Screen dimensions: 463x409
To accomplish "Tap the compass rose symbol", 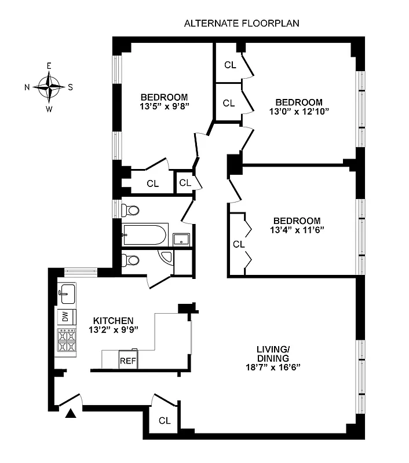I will (x=49, y=87).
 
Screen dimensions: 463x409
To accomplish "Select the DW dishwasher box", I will (x=65, y=317).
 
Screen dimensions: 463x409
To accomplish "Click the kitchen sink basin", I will (x=66, y=293).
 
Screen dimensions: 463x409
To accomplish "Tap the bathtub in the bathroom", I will (x=145, y=236).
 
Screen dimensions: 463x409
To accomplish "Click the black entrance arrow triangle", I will (x=70, y=413).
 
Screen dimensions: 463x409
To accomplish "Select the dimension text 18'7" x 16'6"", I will (x=272, y=367).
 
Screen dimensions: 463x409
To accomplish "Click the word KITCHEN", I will (x=114, y=320).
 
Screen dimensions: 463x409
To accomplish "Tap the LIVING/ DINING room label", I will (x=272, y=354).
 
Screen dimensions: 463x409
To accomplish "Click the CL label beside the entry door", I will (x=165, y=421).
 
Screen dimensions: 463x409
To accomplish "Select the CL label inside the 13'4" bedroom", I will (x=239, y=244).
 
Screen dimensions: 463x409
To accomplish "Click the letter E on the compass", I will (x=49, y=67).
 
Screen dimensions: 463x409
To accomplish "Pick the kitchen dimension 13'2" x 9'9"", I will (x=114, y=330).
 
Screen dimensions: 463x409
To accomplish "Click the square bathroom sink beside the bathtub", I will (x=182, y=238).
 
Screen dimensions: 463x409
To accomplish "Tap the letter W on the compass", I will (x=49, y=108).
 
